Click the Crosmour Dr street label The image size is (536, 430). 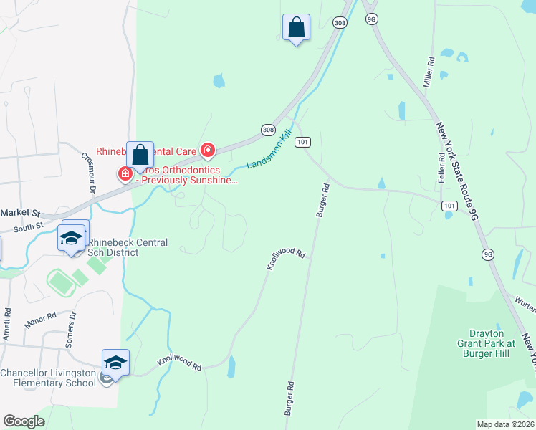click(88, 173)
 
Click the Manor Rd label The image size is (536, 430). click(40, 320)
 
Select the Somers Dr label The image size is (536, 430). click(70, 330)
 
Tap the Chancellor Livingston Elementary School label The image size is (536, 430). click(47, 377)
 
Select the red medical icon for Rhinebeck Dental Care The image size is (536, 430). click(208, 150)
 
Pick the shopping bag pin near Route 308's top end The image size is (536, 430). click(296, 28)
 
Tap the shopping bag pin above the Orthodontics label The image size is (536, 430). click(140, 155)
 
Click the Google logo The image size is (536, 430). click(24, 421)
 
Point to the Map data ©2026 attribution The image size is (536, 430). click(506, 424)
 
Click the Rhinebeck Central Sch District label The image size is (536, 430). click(128, 247)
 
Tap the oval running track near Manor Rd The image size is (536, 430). click(62, 282)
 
